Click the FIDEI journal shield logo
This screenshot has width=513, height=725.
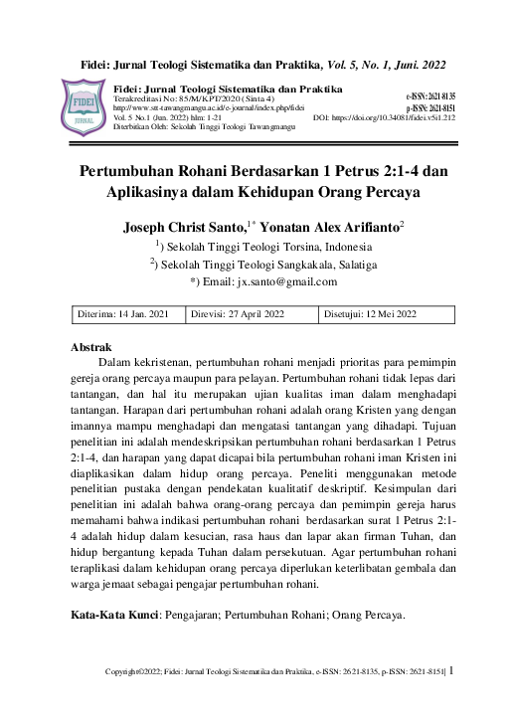point(84,108)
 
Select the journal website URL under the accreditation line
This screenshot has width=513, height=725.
point(210,108)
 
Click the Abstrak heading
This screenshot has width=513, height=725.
point(91,347)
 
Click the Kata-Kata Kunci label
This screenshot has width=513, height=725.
point(114,616)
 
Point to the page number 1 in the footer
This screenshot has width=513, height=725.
point(452,671)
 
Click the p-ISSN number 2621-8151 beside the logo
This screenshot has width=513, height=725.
point(429,106)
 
